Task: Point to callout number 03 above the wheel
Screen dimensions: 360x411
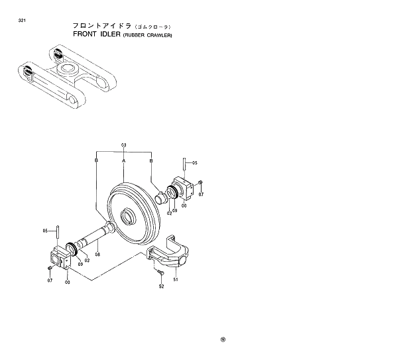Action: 124,145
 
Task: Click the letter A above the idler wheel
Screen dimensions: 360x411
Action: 124,160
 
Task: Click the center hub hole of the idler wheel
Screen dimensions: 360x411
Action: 128,216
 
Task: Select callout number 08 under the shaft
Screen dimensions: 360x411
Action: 97,253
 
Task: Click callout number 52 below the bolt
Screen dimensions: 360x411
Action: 161,286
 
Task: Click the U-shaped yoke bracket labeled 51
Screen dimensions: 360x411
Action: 169,252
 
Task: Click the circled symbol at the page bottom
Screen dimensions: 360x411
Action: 223,341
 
